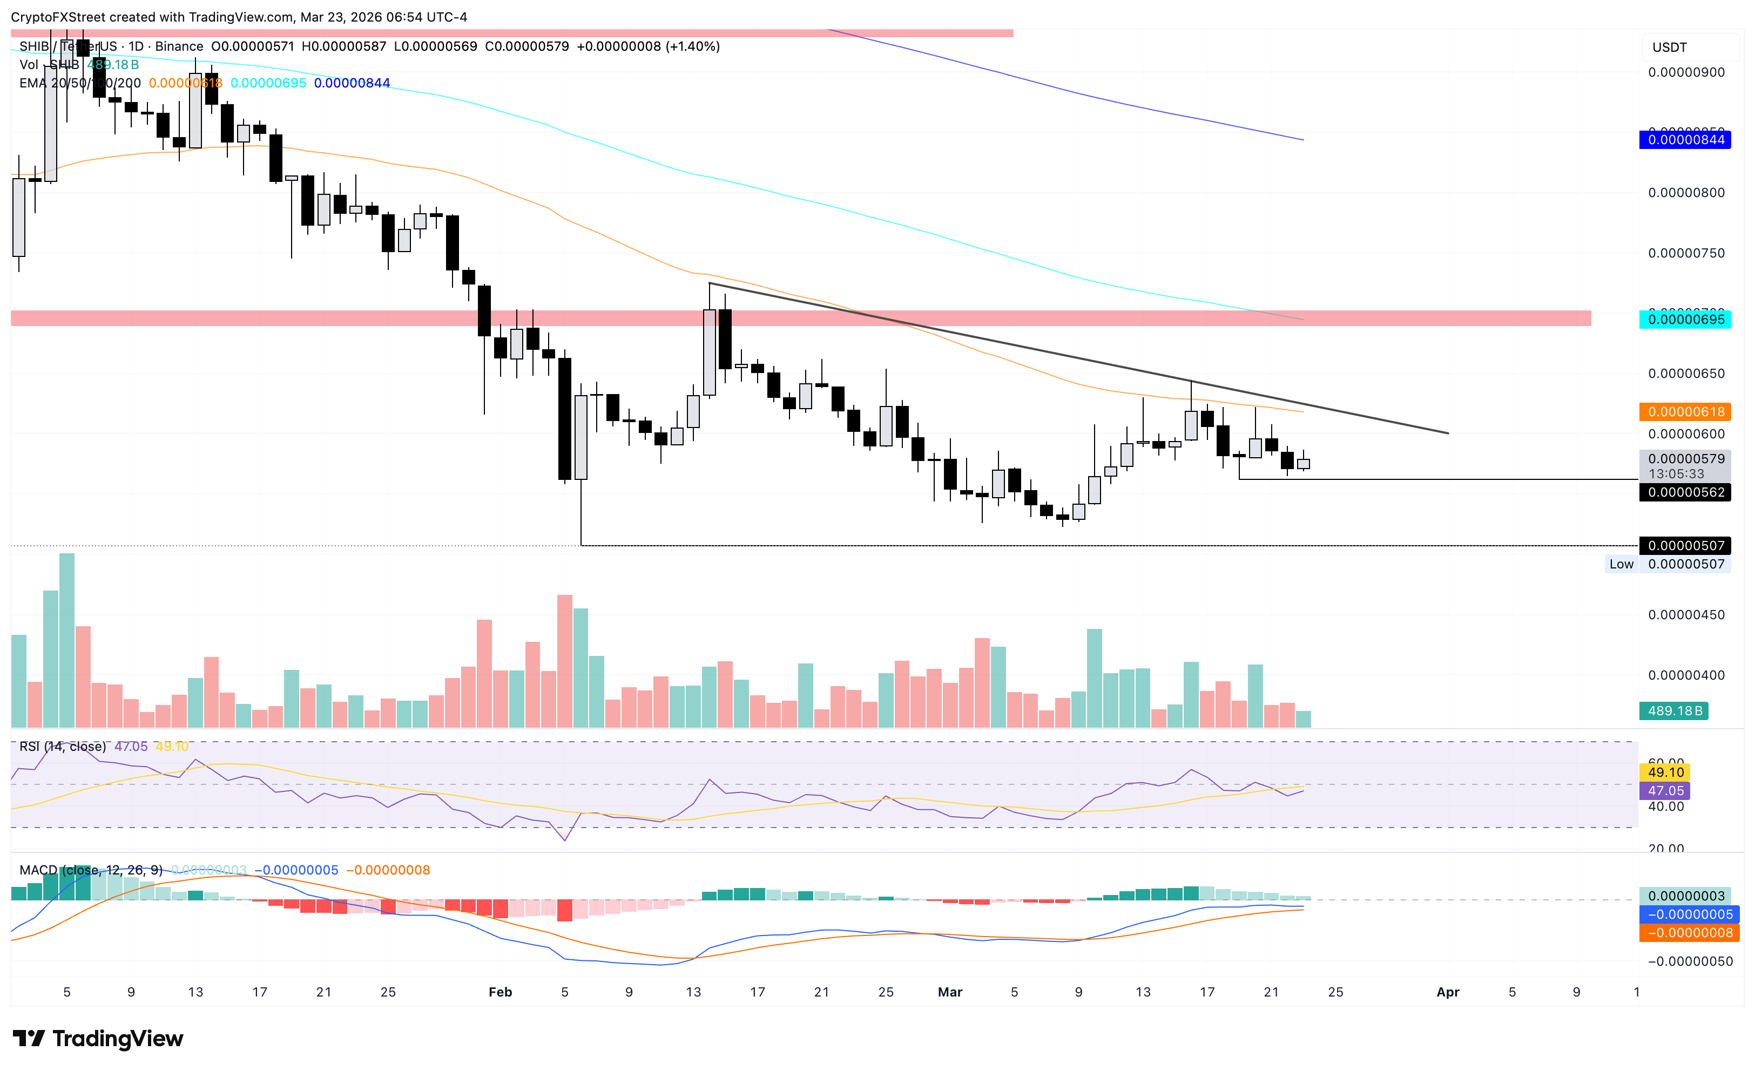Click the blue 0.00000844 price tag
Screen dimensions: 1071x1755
(1685, 140)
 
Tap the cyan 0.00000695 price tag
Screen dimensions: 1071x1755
(1685, 319)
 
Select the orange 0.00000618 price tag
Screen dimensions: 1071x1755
(1685, 411)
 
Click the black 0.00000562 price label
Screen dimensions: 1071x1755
(1685, 492)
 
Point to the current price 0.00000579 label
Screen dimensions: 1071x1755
(1685, 459)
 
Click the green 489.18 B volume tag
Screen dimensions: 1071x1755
(1674, 711)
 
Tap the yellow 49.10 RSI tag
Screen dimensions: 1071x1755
(1665, 772)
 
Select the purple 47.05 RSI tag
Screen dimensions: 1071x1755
(1665, 790)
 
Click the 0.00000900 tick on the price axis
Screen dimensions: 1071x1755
(1686, 72)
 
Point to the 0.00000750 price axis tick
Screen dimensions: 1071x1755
(1686, 253)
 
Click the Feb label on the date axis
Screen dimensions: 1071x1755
(500, 992)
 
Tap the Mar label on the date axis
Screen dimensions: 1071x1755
(949, 992)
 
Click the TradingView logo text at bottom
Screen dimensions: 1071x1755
(118, 1039)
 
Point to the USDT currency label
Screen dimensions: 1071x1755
(1669, 48)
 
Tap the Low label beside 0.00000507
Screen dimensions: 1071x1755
(1621, 564)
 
